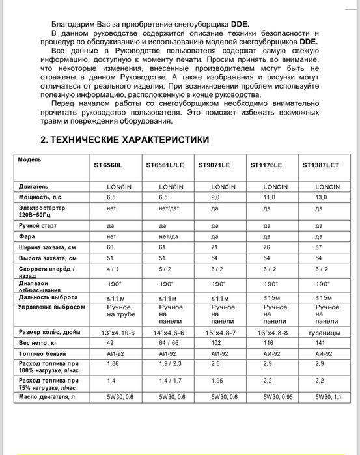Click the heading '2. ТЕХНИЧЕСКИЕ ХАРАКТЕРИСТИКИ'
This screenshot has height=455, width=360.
point(124,139)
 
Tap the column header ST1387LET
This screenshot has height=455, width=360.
point(321,165)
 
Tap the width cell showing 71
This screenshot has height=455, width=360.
point(214,247)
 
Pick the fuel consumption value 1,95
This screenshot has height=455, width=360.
point(217,381)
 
